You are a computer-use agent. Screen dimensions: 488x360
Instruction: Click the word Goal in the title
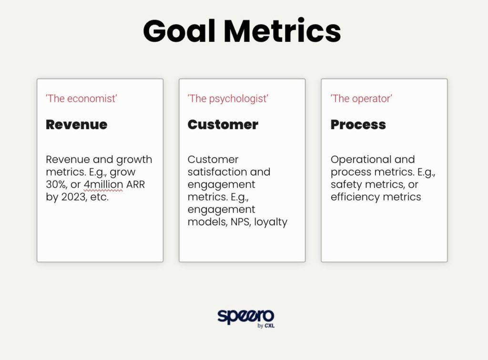pyautogui.click(x=179, y=30)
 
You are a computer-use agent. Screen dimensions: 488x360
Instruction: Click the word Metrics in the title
pyautogui.click(x=282, y=30)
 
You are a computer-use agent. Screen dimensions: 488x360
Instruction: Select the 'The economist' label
pyautogui.click(x=81, y=99)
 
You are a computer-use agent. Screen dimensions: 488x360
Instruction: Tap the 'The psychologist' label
pyautogui.click(x=228, y=99)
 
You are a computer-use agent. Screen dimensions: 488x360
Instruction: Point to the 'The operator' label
pyautogui.click(x=361, y=99)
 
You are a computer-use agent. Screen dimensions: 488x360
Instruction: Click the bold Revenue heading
pyautogui.click(x=77, y=125)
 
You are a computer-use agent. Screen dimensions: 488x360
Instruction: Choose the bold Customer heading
pyautogui.click(x=223, y=125)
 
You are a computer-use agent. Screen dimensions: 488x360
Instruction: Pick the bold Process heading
pyautogui.click(x=358, y=125)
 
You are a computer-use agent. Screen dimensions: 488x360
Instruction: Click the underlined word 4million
pyautogui.click(x=103, y=184)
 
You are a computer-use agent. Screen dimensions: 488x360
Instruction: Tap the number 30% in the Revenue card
pyautogui.click(x=57, y=184)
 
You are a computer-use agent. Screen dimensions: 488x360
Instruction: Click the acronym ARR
pyautogui.click(x=135, y=184)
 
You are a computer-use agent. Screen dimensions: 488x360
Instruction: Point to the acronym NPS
pyautogui.click(x=241, y=222)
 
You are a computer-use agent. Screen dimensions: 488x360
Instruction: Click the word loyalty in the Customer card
pyautogui.click(x=271, y=222)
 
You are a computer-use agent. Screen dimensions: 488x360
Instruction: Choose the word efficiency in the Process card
pyautogui.click(x=355, y=197)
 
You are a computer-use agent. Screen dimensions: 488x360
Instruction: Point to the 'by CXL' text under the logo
pyautogui.click(x=266, y=326)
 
